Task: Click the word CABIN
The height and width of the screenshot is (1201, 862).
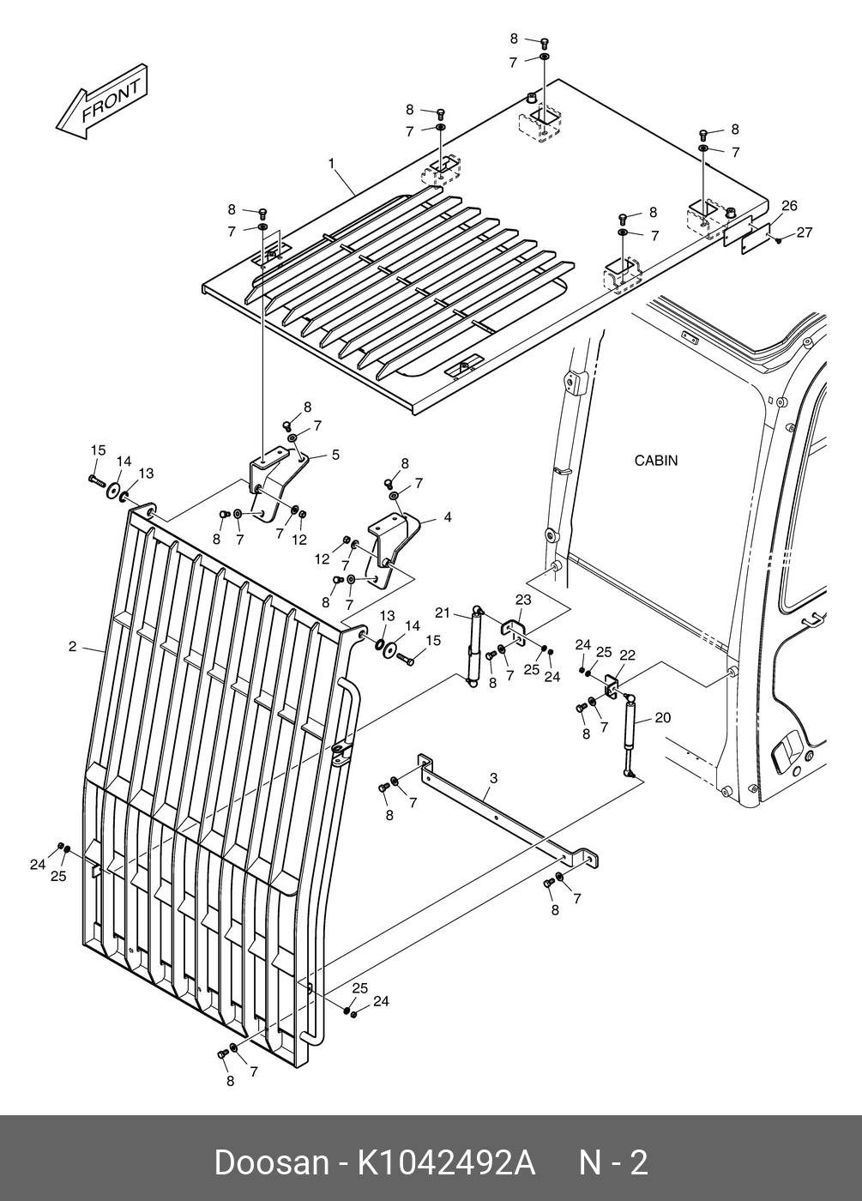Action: (655, 461)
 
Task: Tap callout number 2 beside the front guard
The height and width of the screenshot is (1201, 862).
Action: (73, 646)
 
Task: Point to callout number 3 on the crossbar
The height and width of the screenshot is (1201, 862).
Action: (493, 778)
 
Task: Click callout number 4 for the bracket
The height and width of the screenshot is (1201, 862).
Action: (448, 517)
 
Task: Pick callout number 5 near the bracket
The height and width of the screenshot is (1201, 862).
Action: (335, 455)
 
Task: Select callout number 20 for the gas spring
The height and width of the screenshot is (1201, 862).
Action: (663, 717)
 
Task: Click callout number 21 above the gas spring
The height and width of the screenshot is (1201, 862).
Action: (443, 612)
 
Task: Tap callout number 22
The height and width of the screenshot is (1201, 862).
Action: (627, 655)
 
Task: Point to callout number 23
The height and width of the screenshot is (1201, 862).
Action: (522, 600)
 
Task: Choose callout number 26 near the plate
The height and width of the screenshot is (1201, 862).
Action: (789, 205)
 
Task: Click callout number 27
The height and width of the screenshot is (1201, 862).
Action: (804, 232)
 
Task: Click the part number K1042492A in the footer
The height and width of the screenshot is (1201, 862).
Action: (446, 1163)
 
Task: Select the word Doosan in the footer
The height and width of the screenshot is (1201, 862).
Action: (271, 1163)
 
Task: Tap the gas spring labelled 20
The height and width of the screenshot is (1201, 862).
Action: (629, 733)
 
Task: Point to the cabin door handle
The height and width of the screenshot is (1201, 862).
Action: (787, 753)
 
